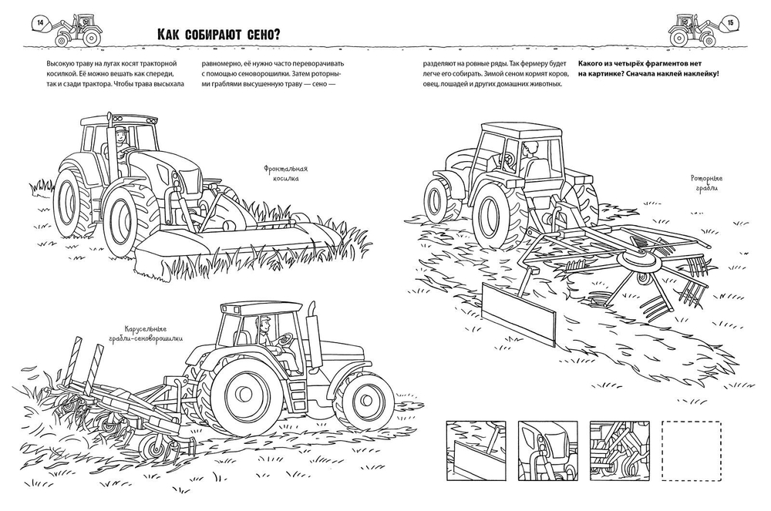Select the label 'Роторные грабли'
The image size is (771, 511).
pyautogui.click(x=704, y=182)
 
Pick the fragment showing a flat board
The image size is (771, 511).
pyautogui.click(x=476, y=447)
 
